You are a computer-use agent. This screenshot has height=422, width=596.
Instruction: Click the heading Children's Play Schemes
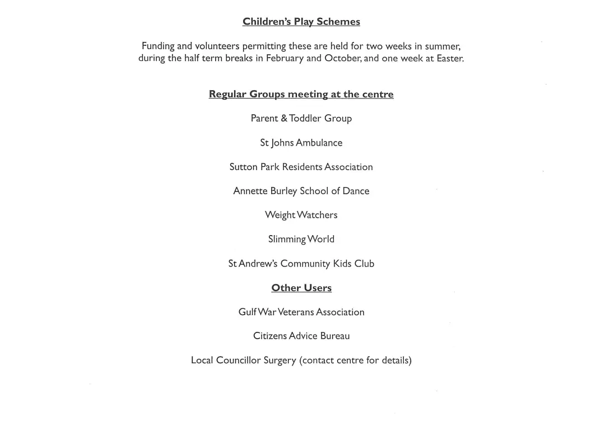pos(301,22)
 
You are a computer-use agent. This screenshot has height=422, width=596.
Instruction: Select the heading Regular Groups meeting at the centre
pos(301,94)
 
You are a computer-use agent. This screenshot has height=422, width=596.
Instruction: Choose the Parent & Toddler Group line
pos(301,118)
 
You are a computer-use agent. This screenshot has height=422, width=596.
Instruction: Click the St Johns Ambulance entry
pos(301,143)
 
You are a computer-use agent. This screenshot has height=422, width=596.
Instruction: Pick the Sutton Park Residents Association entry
pos(301,167)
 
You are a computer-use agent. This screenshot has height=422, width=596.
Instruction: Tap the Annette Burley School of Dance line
pos(301,191)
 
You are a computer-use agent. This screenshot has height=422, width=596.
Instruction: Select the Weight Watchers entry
pos(301,215)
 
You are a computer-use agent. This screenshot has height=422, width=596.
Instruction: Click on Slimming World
pos(301,239)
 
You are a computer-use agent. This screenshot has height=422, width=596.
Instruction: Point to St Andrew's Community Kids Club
pos(301,264)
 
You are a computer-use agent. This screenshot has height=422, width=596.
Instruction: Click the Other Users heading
pos(301,288)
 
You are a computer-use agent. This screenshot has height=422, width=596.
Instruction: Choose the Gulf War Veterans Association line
pos(301,312)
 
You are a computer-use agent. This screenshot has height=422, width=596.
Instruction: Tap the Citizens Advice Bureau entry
pos(301,336)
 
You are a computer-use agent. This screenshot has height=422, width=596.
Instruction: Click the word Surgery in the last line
pos(279,360)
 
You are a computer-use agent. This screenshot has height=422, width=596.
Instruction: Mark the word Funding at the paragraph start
pos(157,46)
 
